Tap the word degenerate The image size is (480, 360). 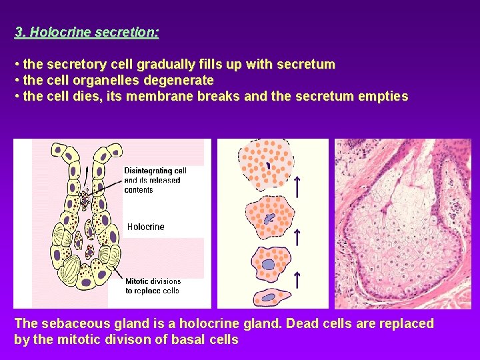[182, 81]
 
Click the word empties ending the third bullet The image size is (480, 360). [383, 97]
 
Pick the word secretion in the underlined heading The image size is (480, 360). [133, 31]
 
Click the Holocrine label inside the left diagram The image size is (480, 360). [145, 227]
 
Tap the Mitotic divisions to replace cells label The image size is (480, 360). [153, 286]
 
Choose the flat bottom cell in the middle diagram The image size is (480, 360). [268, 297]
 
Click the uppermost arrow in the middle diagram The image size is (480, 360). [297, 185]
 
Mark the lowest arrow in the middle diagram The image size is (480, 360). [297, 280]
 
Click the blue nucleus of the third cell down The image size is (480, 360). [268, 264]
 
